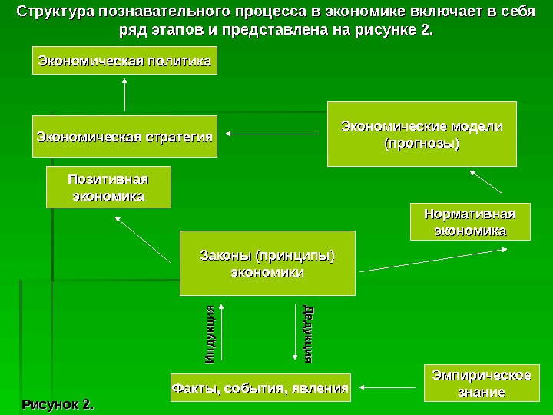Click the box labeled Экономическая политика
(x=124, y=61)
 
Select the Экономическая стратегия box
(x=124, y=136)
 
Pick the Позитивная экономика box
(x=108, y=188)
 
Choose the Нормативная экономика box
(x=470, y=222)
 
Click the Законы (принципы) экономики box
(x=267, y=263)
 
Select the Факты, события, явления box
(x=260, y=387)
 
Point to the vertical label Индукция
(x=210, y=335)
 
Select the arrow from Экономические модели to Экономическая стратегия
(x=273, y=136)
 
